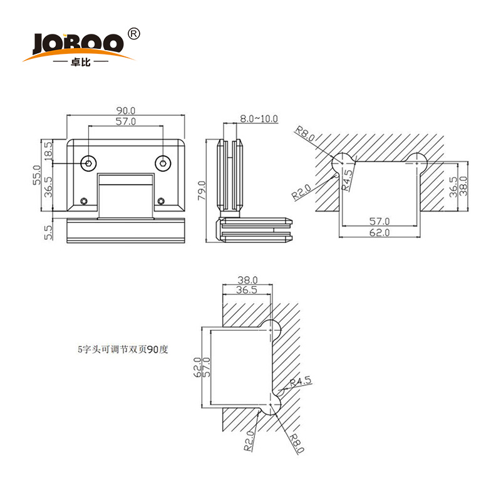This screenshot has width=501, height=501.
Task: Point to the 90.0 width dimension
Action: click(x=126, y=110)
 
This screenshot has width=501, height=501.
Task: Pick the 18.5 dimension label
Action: click(x=48, y=150)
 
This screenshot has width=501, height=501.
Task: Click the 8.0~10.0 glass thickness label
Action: click(x=258, y=118)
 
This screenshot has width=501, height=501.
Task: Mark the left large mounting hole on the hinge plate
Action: click(x=89, y=163)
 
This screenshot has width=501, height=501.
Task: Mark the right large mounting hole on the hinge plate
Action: click(x=163, y=163)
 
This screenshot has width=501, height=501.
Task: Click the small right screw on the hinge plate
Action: click(x=161, y=201)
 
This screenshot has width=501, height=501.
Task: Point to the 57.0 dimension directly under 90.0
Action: click(x=126, y=121)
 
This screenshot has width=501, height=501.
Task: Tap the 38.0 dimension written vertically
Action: click(x=464, y=186)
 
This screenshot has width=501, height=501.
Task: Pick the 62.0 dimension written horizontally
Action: click(x=379, y=232)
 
